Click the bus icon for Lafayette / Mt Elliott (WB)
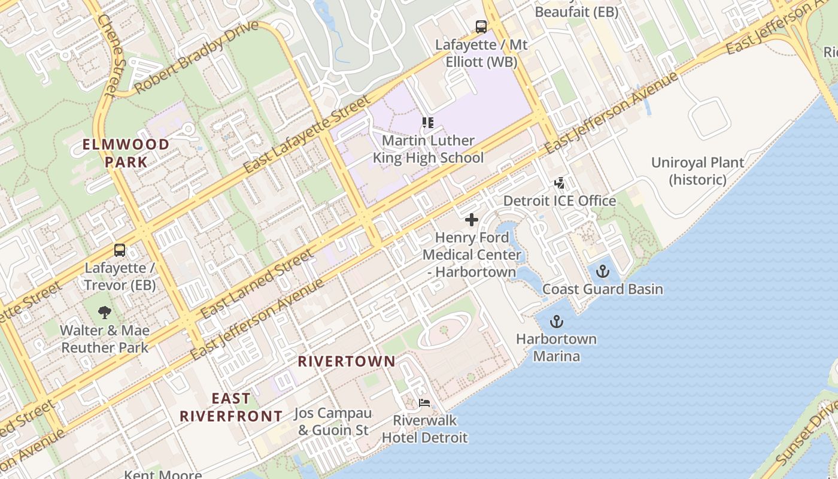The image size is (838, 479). [481, 27]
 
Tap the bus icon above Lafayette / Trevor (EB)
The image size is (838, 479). [120, 250]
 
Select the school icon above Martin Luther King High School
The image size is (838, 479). [428, 123]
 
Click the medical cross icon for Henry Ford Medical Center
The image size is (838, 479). [472, 220]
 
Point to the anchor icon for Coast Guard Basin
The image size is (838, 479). [602, 272]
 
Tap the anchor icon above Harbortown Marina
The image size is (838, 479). [557, 322]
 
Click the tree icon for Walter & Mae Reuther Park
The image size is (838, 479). [105, 312]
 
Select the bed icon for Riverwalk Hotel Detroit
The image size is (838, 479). [424, 403]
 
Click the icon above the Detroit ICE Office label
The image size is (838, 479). [559, 183]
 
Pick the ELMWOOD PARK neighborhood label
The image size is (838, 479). [126, 153]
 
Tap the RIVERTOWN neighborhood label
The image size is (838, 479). [347, 361]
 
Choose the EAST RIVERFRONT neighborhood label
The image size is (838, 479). [231, 407]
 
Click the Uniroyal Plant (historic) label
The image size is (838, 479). [697, 171]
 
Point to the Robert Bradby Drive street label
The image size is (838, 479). [196, 57]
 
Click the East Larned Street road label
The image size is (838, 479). [257, 284]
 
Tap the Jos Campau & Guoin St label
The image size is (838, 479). [333, 422]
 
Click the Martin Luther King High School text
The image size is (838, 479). [428, 149]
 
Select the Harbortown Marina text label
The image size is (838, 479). [556, 347]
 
